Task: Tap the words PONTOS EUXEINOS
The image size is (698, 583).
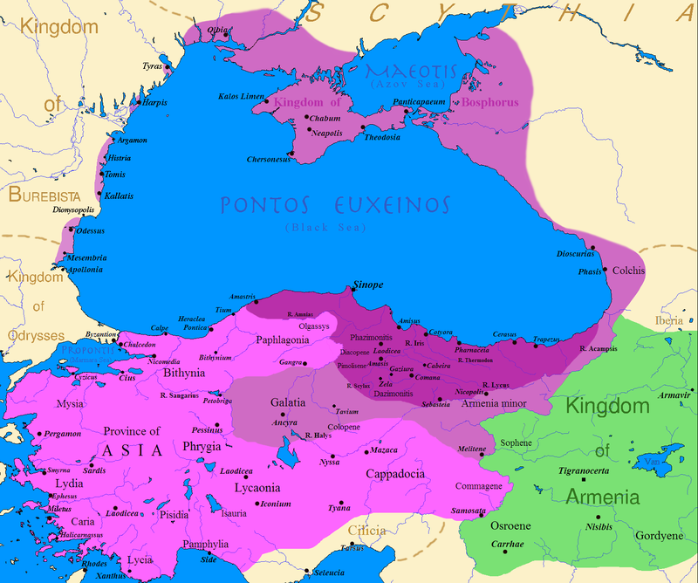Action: point(333,205)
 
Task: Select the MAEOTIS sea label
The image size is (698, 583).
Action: point(405,71)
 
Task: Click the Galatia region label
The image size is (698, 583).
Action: point(288,402)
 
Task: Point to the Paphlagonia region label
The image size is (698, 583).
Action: point(283,340)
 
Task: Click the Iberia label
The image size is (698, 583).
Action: point(669,321)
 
